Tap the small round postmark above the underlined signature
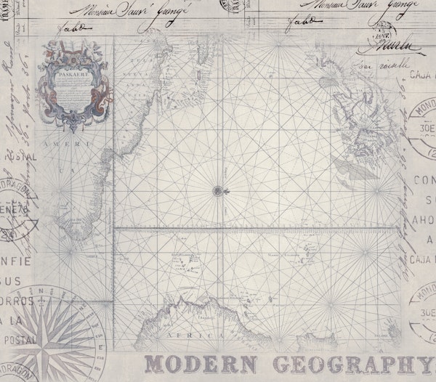point(382,31)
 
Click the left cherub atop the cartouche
point(49,49)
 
